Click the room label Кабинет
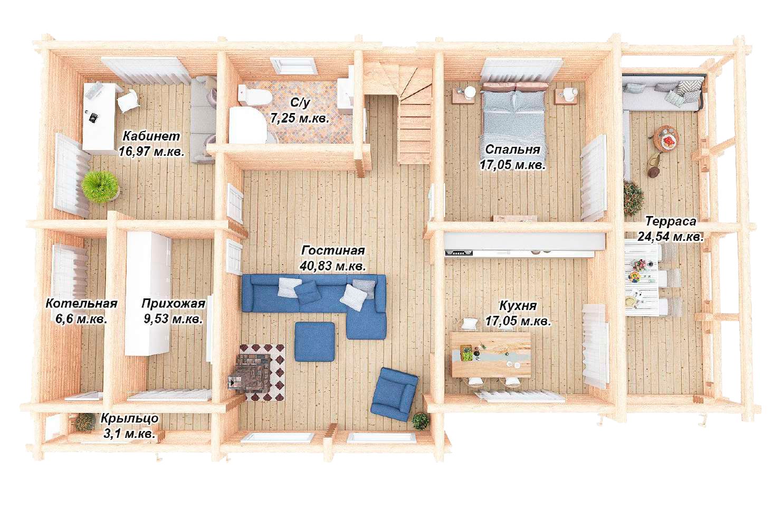(x=151, y=136)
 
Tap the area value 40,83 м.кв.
(x=332, y=266)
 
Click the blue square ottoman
(x=314, y=342)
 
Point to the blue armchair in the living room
(x=394, y=394)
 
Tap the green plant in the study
(x=100, y=187)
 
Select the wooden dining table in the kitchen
(x=491, y=354)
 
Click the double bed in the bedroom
(x=513, y=114)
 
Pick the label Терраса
(x=671, y=221)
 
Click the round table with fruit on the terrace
(x=665, y=138)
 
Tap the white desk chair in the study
(x=128, y=100)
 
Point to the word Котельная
(x=81, y=304)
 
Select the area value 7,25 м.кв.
(x=299, y=118)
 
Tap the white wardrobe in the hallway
(x=148, y=293)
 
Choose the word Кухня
(x=518, y=306)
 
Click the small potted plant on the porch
(x=84, y=421)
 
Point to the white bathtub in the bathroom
(x=248, y=125)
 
